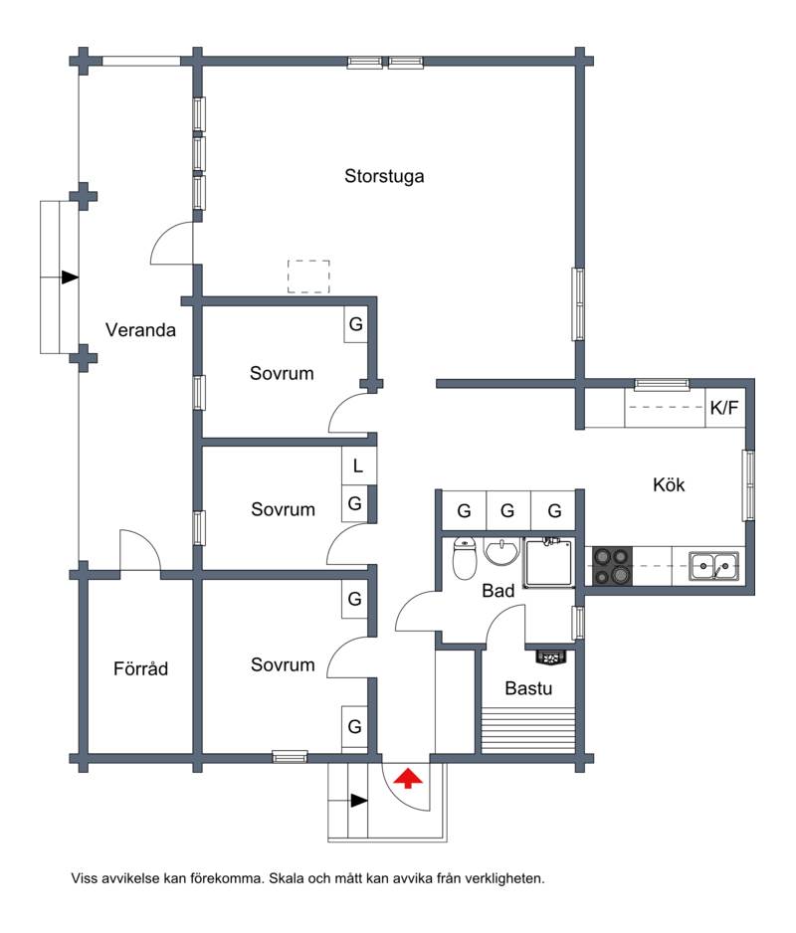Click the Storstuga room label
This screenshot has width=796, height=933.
[384, 176]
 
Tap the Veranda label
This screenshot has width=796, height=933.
[140, 329]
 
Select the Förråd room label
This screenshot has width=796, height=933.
[140, 668]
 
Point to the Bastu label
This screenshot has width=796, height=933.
[528, 688]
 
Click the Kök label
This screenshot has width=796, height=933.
[669, 484]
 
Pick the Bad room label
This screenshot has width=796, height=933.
[497, 591]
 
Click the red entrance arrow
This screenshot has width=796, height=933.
[408, 778]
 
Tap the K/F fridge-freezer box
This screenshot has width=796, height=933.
[724, 408]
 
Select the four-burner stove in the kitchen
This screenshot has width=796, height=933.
[612, 566]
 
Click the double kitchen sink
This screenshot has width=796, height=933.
[713, 565]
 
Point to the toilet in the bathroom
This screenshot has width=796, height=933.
[464, 558]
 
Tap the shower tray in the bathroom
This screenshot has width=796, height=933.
[548, 562]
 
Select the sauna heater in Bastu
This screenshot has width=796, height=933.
[551, 656]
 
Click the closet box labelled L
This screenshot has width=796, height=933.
[357, 466]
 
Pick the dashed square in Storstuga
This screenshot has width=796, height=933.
[308, 277]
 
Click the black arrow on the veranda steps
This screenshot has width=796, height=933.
[71, 278]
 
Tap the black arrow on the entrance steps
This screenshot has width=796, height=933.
[359, 801]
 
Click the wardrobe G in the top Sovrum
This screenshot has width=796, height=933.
[356, 324]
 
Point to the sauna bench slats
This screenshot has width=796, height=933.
[528, 730]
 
